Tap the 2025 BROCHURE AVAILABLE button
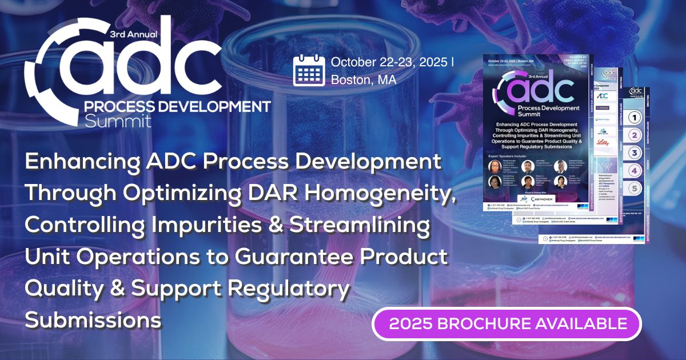point(507,324)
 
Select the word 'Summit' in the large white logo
point(118,121)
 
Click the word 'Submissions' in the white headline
point(93,320)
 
